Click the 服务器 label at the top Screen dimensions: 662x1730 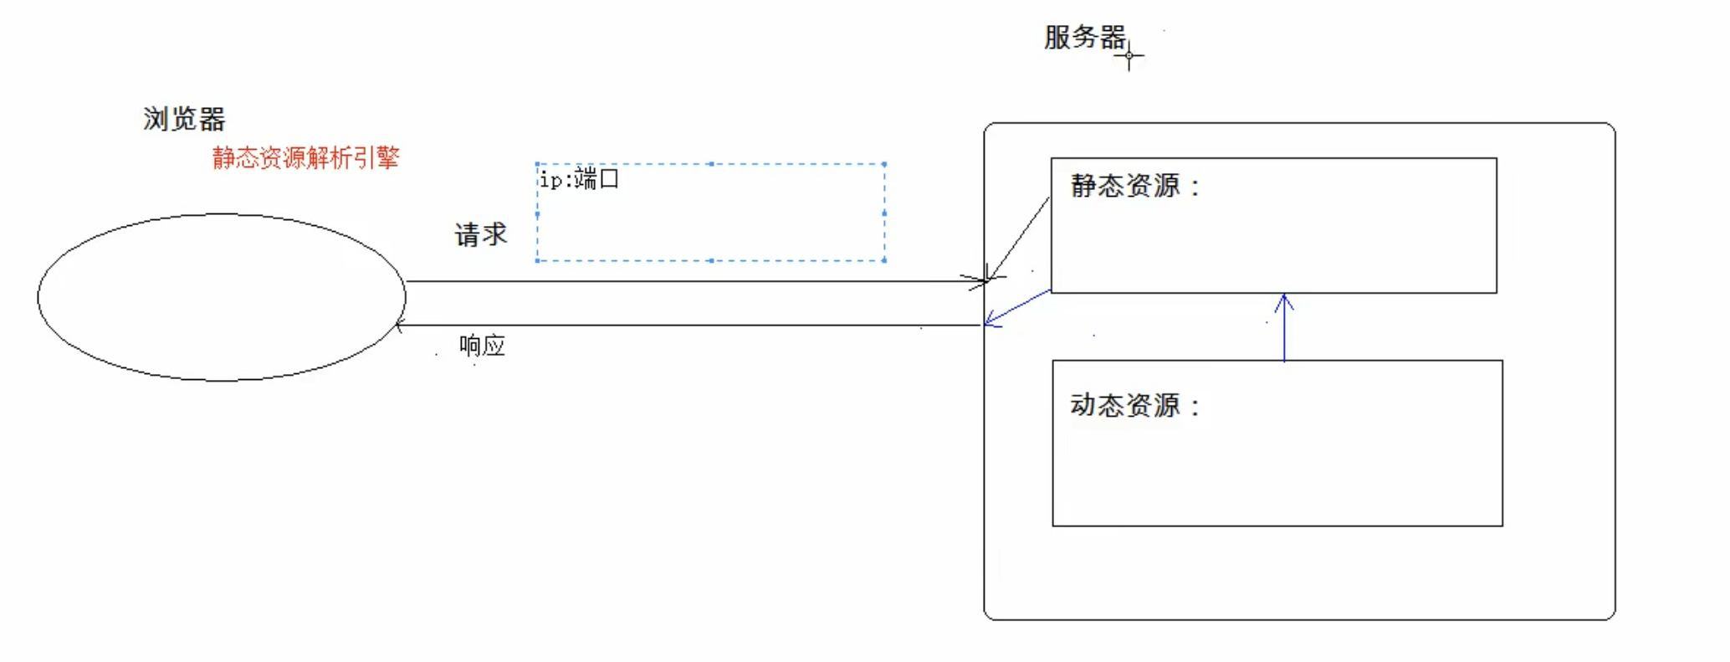1084,38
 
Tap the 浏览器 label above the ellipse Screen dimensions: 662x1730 184,120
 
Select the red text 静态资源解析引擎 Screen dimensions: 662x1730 305,157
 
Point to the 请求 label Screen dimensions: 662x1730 481,234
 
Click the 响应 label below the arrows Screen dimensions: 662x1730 482,345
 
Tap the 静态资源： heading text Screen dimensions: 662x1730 1134,186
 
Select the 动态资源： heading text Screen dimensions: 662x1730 1134,406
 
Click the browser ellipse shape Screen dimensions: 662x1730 222,297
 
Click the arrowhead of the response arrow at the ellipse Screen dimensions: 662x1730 399,325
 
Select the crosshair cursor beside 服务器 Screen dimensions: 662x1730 1129,57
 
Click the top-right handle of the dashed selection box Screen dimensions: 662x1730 884,164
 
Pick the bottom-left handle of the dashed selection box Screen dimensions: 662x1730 537,260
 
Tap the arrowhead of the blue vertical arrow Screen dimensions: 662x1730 1284,298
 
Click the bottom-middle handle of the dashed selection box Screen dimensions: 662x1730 711,260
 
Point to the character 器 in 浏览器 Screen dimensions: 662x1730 212,120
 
